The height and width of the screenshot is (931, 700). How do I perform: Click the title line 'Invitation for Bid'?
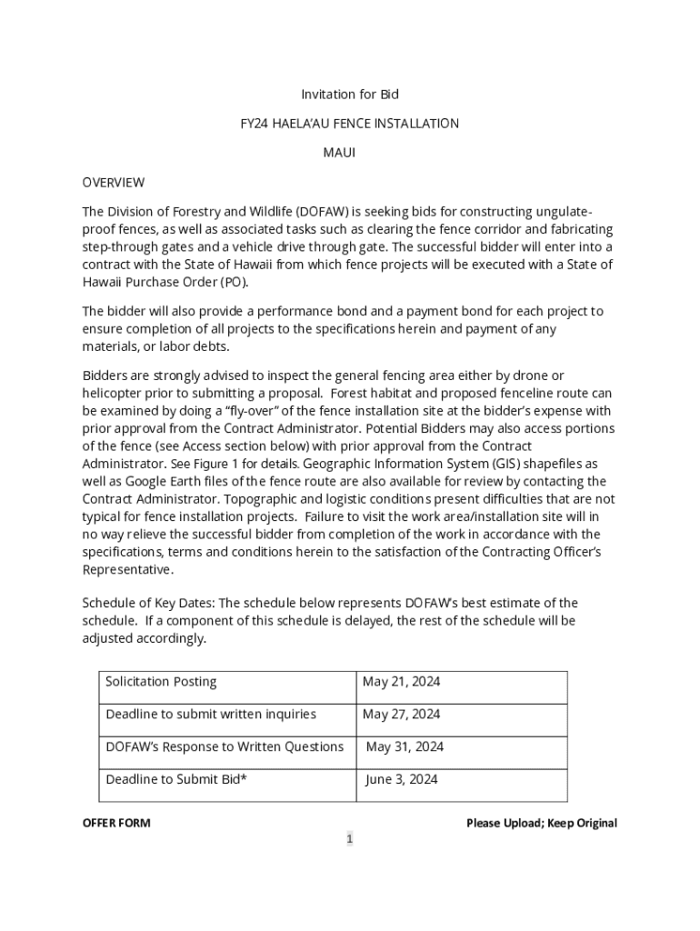pyautogui.click(x=350, y=95)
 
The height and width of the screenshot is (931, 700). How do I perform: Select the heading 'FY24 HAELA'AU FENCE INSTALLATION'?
pyautogui.click(x=350, y=124)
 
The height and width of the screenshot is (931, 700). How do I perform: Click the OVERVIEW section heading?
pyautogui.click(x=114, y=183)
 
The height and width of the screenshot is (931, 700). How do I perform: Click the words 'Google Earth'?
pyautogui.click(x=152, y=481)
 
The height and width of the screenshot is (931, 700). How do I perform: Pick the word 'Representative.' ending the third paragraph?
pyautogui.click(x=128, y=570)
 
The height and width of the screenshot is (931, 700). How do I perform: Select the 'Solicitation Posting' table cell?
pyautogui.click(x=161, y=682)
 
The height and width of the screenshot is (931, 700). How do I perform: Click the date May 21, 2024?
pyautogui.click(x=401, y=682)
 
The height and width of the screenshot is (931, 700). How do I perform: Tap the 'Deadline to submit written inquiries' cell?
pyautogui.click(x=211, y=715)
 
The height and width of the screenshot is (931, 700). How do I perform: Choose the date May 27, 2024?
pyautogui.click(x=401, y=715)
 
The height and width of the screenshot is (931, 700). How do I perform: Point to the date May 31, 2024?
pyautogui.click(x=405, y=747)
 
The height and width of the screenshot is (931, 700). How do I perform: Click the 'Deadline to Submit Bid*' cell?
pyautogui.click(x=176, y=779)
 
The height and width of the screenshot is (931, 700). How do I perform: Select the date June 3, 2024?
pyautogui.click(x=402, y=779)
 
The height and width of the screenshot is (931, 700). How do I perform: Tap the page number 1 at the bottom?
pyautogui.click(x=349, y=839)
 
